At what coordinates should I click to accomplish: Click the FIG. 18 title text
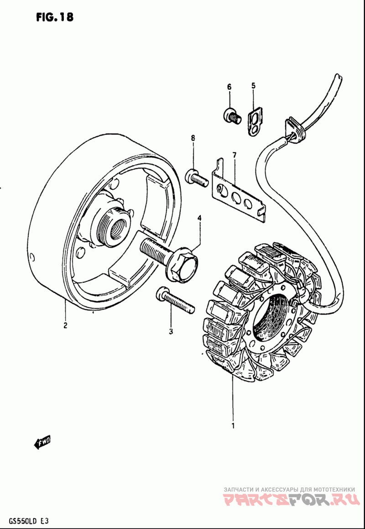click(x=53, y=17)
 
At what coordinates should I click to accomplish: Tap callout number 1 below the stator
click(x=233, y=427)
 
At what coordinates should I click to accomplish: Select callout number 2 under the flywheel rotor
click(x=65, y=325)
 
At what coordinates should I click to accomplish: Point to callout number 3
click(x=171, y=332)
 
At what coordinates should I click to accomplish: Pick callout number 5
click(x=253, y=85)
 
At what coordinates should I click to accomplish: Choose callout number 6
click(x=229, y=87)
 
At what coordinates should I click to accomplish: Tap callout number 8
click(x=193, y=138)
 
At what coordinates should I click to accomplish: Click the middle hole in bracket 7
click(x=237, y=197)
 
